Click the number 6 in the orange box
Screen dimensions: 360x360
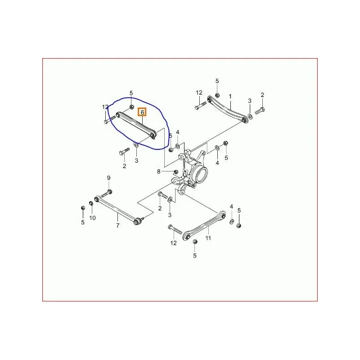(142, 112)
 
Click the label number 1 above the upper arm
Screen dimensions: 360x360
(230, 96)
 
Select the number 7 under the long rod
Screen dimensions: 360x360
(117, 225)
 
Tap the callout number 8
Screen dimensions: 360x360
(158, 171)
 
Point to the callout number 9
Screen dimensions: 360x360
(108, 179)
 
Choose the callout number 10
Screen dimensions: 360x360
(92, 218)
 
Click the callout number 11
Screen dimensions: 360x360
(208, 238)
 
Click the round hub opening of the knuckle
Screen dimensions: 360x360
(201, 174)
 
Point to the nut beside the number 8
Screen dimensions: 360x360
(175, 172)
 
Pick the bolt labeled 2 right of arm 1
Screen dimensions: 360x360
(260, 109)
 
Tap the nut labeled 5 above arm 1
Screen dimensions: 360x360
(217, 95)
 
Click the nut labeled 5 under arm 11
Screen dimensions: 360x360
(195, 242)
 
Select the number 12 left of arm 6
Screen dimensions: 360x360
(105, 107)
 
